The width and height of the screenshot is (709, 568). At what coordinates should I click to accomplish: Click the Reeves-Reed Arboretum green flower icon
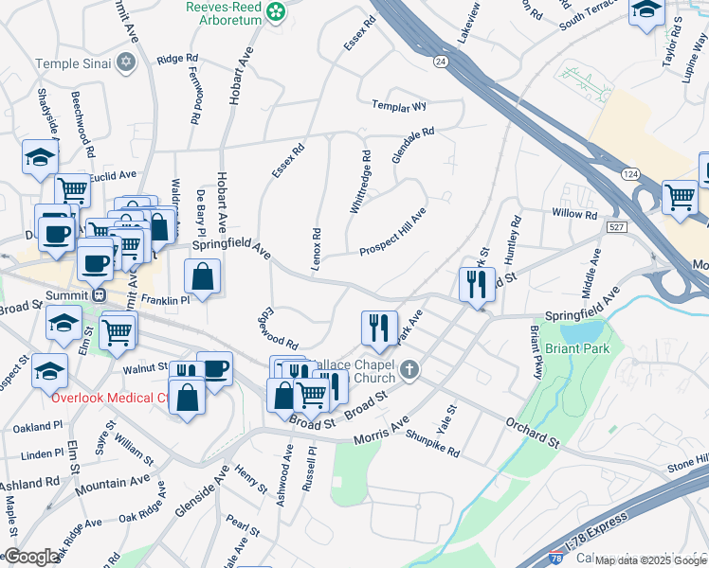(x=276, y=12)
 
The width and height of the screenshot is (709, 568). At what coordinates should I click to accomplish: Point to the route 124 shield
(x=631, y=174)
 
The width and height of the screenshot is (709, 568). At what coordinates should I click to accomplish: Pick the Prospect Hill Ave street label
(x=392, y=231)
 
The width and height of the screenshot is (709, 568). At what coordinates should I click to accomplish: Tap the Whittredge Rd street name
(x=360, y=181)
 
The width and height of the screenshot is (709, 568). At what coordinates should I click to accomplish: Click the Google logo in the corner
(x=32, y=557)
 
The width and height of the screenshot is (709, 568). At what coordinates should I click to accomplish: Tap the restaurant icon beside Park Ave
(x=379, y=328)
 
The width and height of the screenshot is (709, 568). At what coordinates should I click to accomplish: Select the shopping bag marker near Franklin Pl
(x=203, y=277)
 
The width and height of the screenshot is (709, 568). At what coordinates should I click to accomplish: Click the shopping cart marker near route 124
(x=680, y=197)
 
